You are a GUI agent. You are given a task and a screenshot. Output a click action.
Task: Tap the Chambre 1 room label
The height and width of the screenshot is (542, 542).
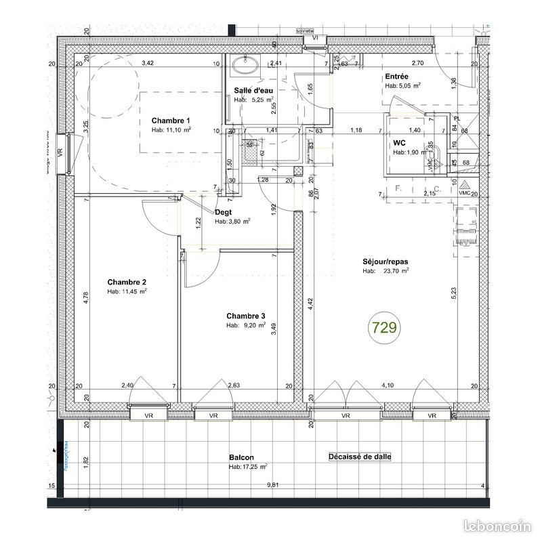(171, 120)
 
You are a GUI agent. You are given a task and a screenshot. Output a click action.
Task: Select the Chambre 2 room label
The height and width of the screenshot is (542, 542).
(127, 282)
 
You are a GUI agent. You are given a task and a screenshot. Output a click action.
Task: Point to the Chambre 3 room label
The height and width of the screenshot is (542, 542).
(246, 316)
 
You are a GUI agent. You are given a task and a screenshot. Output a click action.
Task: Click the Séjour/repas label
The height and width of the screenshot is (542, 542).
(385, 261)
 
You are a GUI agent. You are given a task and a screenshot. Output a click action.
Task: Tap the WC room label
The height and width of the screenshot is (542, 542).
(399, 143)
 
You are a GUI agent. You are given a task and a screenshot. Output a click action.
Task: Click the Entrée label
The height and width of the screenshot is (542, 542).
(396, 77)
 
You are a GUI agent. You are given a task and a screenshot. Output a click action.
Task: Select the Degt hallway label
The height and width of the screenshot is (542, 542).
(223, 211)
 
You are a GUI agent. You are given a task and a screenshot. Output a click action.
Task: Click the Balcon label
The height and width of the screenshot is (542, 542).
(241, 457)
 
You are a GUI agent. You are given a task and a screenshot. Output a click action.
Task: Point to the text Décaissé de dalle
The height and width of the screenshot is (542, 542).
(360, 457)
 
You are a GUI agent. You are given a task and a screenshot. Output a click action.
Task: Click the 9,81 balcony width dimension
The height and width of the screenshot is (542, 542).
(272, 484)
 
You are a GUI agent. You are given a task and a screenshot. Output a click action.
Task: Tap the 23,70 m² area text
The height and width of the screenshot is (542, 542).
(398, 271)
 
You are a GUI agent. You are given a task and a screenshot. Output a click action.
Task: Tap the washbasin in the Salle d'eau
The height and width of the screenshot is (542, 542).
(243, 65)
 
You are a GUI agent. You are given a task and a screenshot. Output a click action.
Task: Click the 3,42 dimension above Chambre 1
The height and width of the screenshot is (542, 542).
(147, 64)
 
